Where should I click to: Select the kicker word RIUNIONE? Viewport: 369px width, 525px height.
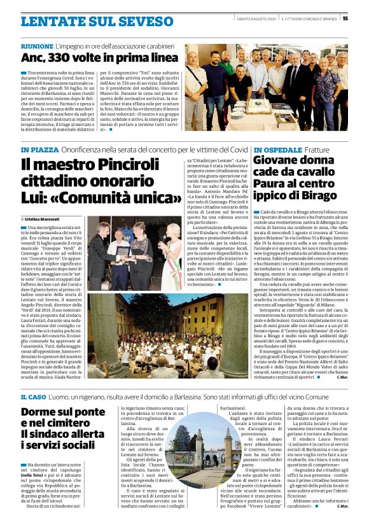pyautogui.click(x=37, y=47)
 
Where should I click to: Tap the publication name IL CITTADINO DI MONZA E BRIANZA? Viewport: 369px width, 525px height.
pyautogui.click(x=309, y=18)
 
